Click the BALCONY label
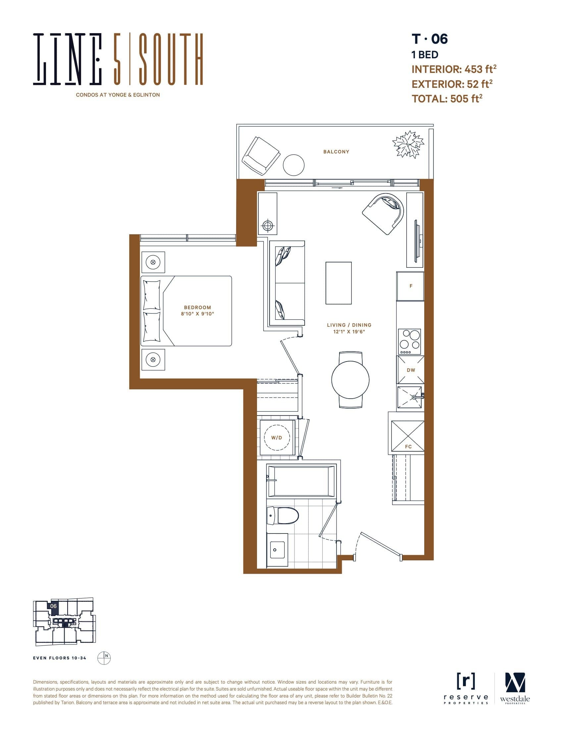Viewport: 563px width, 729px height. click(336, 151)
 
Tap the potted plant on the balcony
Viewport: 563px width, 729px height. click(408, 144)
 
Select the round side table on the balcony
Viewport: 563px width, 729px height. click(293, 165)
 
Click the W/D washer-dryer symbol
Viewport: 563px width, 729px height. click(277, 438)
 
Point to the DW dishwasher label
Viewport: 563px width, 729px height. click(411, 370)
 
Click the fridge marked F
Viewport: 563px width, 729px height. click(410, 286)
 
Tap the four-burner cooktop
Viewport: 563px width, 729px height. click(410, 341)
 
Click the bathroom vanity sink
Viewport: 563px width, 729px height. click(277, 550)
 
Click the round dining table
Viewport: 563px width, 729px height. click(350, 379)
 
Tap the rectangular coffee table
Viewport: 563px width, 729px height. click(338, 283)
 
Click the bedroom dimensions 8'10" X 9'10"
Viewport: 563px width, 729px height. click(197, 314)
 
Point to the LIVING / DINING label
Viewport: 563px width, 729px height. click(349, 325)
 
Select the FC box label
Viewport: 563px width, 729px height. click(408, 446)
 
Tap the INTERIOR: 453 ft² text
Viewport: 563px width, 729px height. click(454, 69)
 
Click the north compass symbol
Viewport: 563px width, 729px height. click(104, 658)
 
